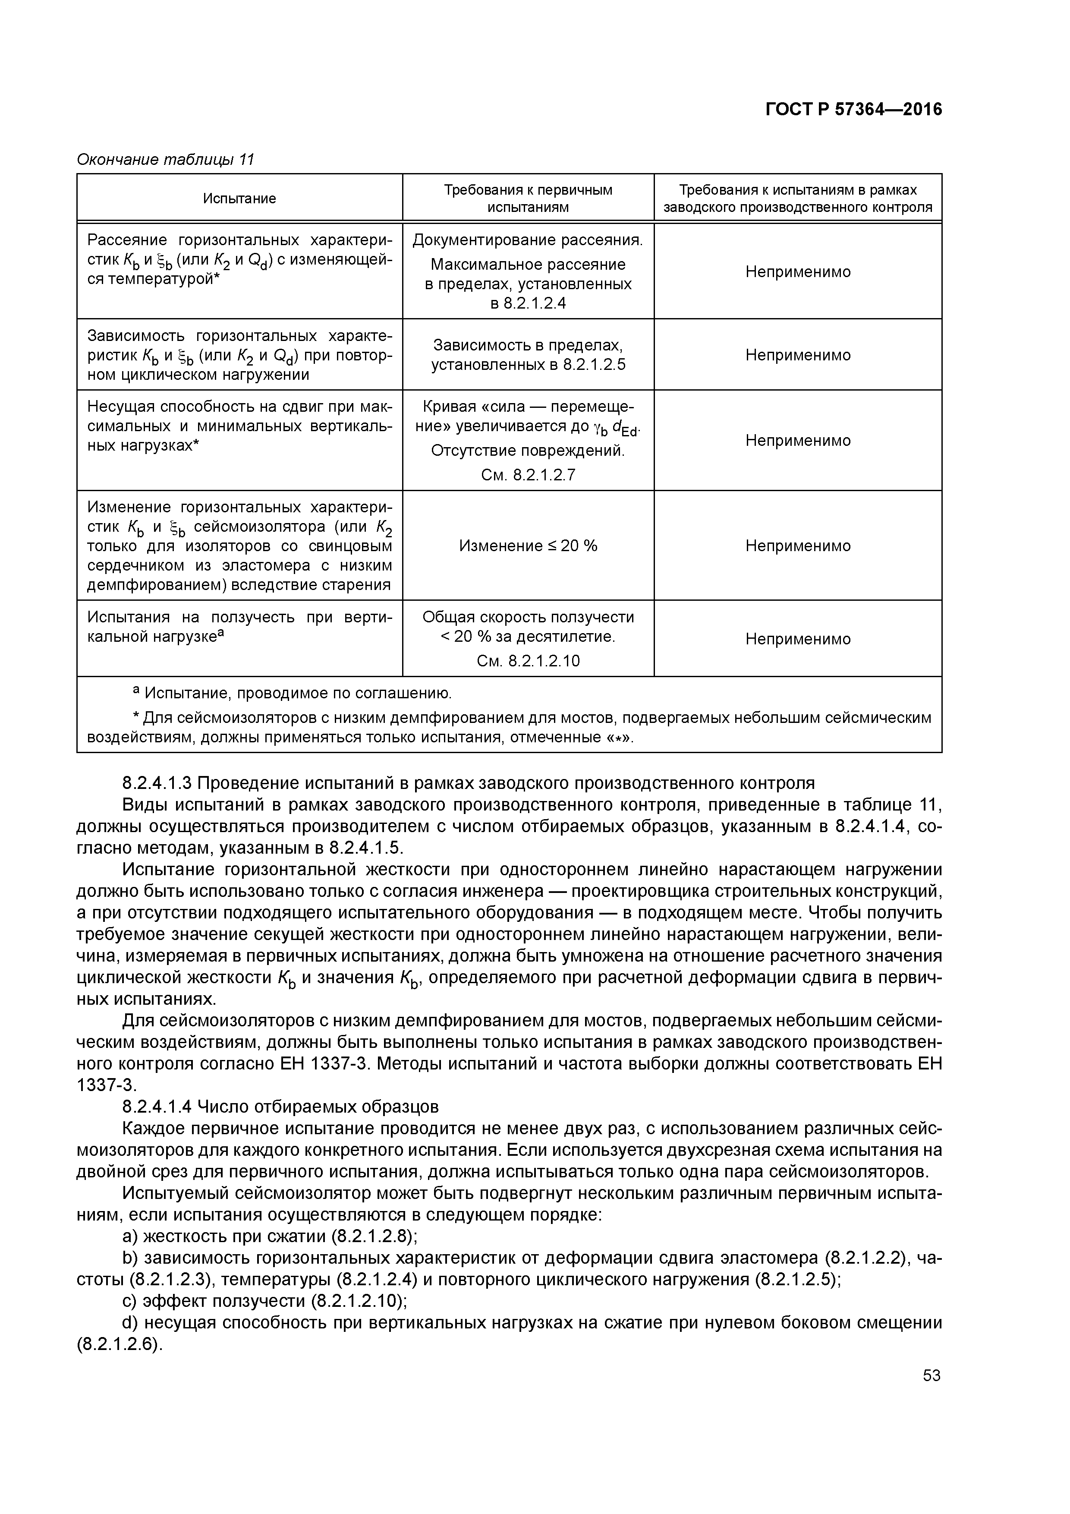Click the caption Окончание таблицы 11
click(166, 160)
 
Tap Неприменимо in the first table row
click(798, 271)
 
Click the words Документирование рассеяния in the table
click(527, 240)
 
